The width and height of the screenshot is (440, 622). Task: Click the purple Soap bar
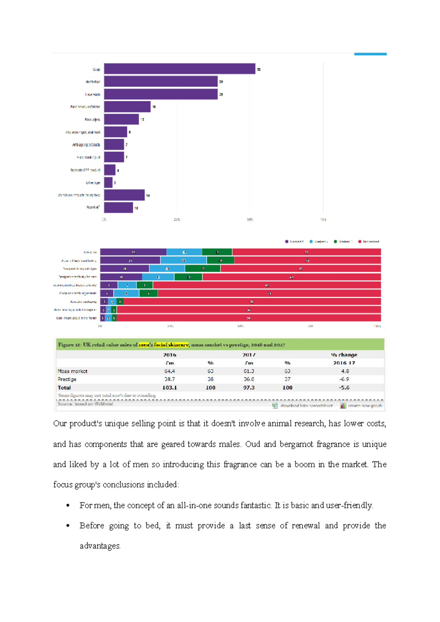180,69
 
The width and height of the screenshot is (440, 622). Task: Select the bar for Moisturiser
161,81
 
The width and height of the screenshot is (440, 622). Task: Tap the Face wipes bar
121,119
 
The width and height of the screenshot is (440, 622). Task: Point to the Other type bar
108,182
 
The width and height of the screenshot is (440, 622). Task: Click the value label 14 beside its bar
148,195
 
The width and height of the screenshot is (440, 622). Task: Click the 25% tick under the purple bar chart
177,219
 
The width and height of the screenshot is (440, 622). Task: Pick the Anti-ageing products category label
86,145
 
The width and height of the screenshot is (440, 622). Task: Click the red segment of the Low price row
306,252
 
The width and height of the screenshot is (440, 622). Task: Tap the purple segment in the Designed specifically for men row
121,277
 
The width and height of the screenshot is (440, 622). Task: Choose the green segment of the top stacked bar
217,252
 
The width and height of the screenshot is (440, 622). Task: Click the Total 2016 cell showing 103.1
169,388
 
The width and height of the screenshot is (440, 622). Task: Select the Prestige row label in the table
67,379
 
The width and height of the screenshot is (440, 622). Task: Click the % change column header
344,355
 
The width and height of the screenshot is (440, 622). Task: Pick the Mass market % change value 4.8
345,371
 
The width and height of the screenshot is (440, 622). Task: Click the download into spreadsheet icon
275,405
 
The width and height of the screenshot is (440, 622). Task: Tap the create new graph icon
343,405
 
